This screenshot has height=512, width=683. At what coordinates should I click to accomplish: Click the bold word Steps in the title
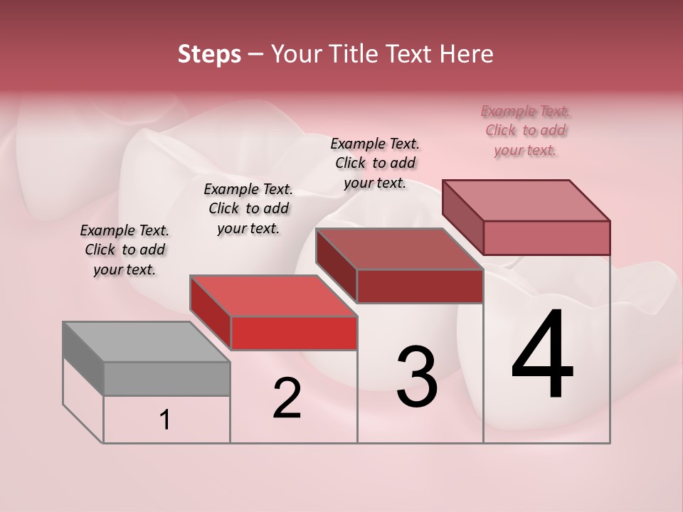pos(209,54)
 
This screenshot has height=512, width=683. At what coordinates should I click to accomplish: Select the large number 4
pos(542,355)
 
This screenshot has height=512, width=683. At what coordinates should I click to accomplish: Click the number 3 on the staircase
pos(417,377)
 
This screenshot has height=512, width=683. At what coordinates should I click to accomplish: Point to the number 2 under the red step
pos(287,398)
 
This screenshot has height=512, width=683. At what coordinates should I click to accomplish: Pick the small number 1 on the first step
pos(165,420)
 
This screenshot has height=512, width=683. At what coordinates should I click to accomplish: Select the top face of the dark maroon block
pos(399,249)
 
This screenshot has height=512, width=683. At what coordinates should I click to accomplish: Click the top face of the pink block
pos(526,201)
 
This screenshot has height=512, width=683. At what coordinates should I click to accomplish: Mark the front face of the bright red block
pos(294,334)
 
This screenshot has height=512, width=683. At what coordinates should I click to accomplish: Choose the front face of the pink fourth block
pos(546,238)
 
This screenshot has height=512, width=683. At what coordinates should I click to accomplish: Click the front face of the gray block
pos(166,378)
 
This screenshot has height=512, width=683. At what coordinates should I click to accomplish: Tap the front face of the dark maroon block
pos(420,286)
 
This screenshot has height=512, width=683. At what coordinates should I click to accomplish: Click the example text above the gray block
pos(125,250)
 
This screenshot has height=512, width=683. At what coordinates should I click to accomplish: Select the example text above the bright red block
pos(248,208)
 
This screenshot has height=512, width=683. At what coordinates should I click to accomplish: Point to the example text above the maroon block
pos(375,163)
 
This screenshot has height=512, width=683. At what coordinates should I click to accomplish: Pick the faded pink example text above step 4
pos(525,130)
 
